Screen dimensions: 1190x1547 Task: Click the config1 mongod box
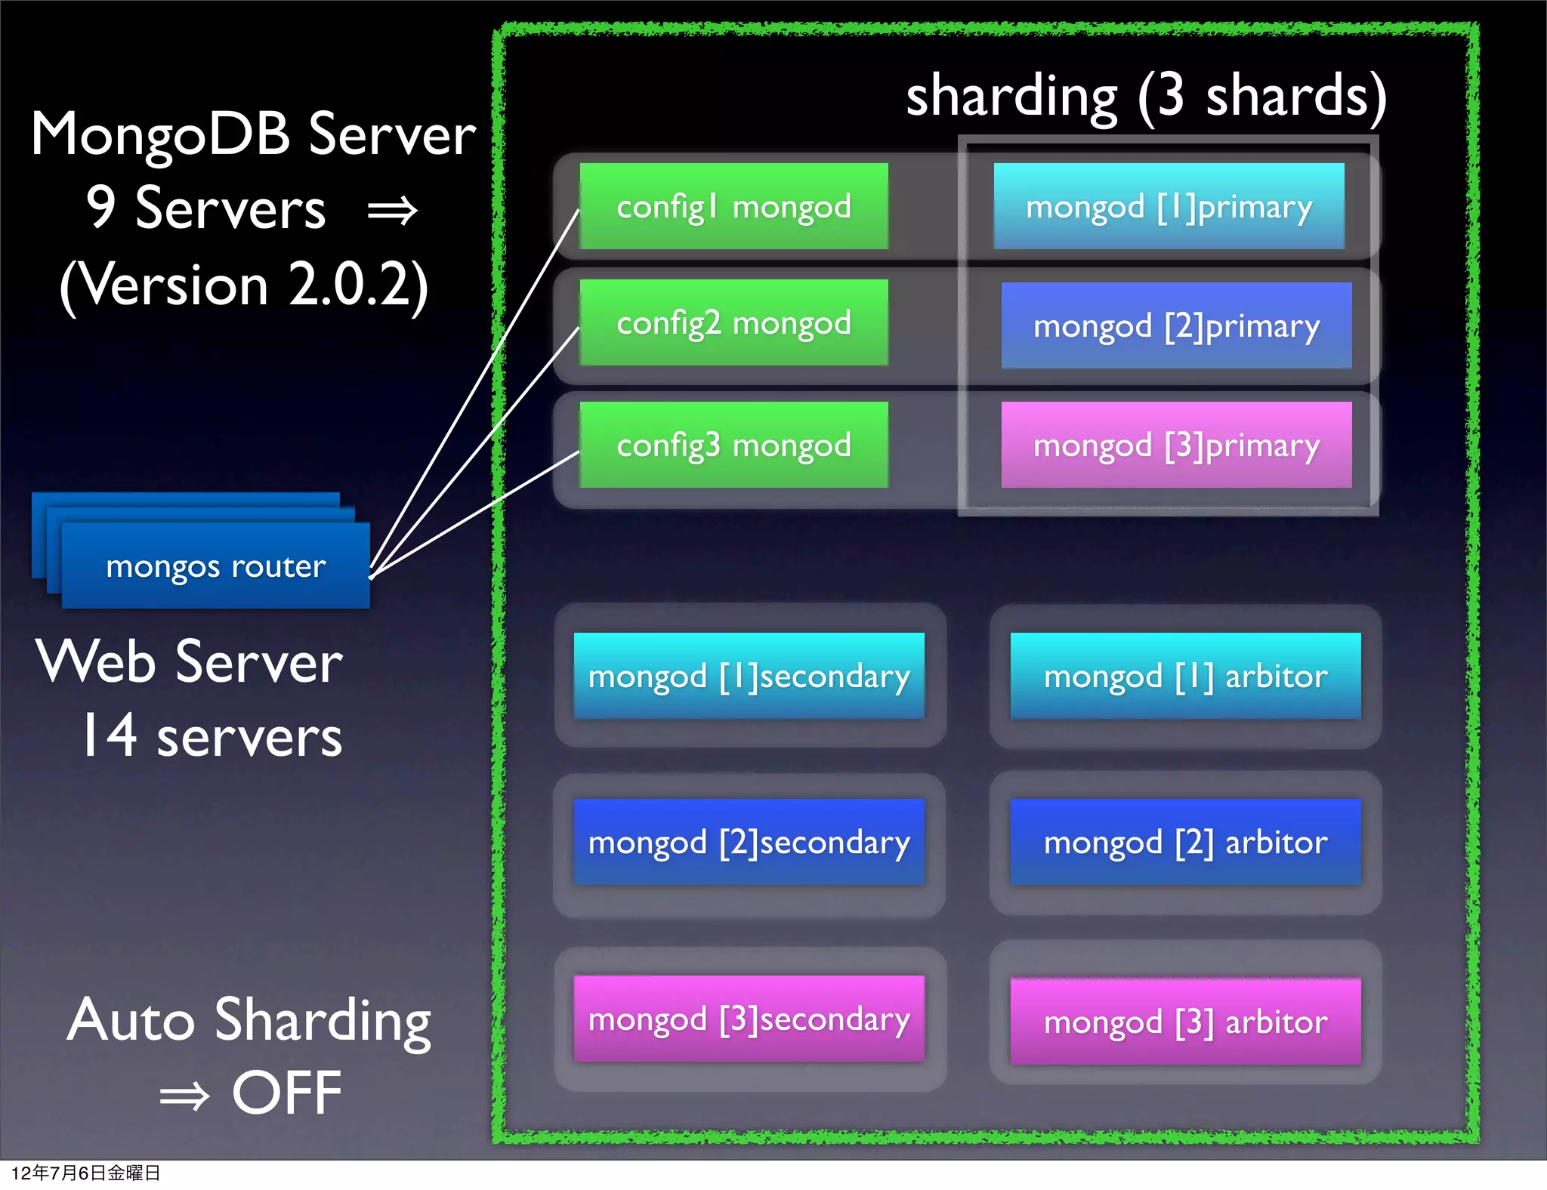point(733,206)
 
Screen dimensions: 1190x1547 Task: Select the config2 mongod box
point(733,323)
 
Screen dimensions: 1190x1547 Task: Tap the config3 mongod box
point(733,445)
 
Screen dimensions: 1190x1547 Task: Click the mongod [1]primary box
point(1169,206)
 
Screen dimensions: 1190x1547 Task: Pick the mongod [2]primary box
point(1176,325)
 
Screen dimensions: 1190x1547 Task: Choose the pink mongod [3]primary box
point(1176,445)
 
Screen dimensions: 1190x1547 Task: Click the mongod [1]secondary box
point(749,676)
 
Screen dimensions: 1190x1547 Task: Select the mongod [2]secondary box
point(749,842)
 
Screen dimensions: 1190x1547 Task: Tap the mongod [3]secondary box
point(749,1019)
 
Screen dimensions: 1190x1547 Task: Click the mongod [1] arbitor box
point(1185,676)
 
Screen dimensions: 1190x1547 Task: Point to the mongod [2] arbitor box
point(1185,842)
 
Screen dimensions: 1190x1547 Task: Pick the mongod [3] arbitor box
point(1185,1022)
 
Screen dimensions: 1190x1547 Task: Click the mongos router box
point(216,566)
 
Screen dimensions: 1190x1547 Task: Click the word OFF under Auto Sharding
point(286,1093)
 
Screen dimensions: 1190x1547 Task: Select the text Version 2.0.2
point(244,285)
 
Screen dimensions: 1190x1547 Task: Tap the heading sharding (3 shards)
point(1146,97)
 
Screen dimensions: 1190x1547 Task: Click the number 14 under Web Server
point(110,735)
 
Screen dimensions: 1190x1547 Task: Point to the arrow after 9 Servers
point(392,211)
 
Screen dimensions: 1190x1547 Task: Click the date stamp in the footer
point(85,1173)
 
